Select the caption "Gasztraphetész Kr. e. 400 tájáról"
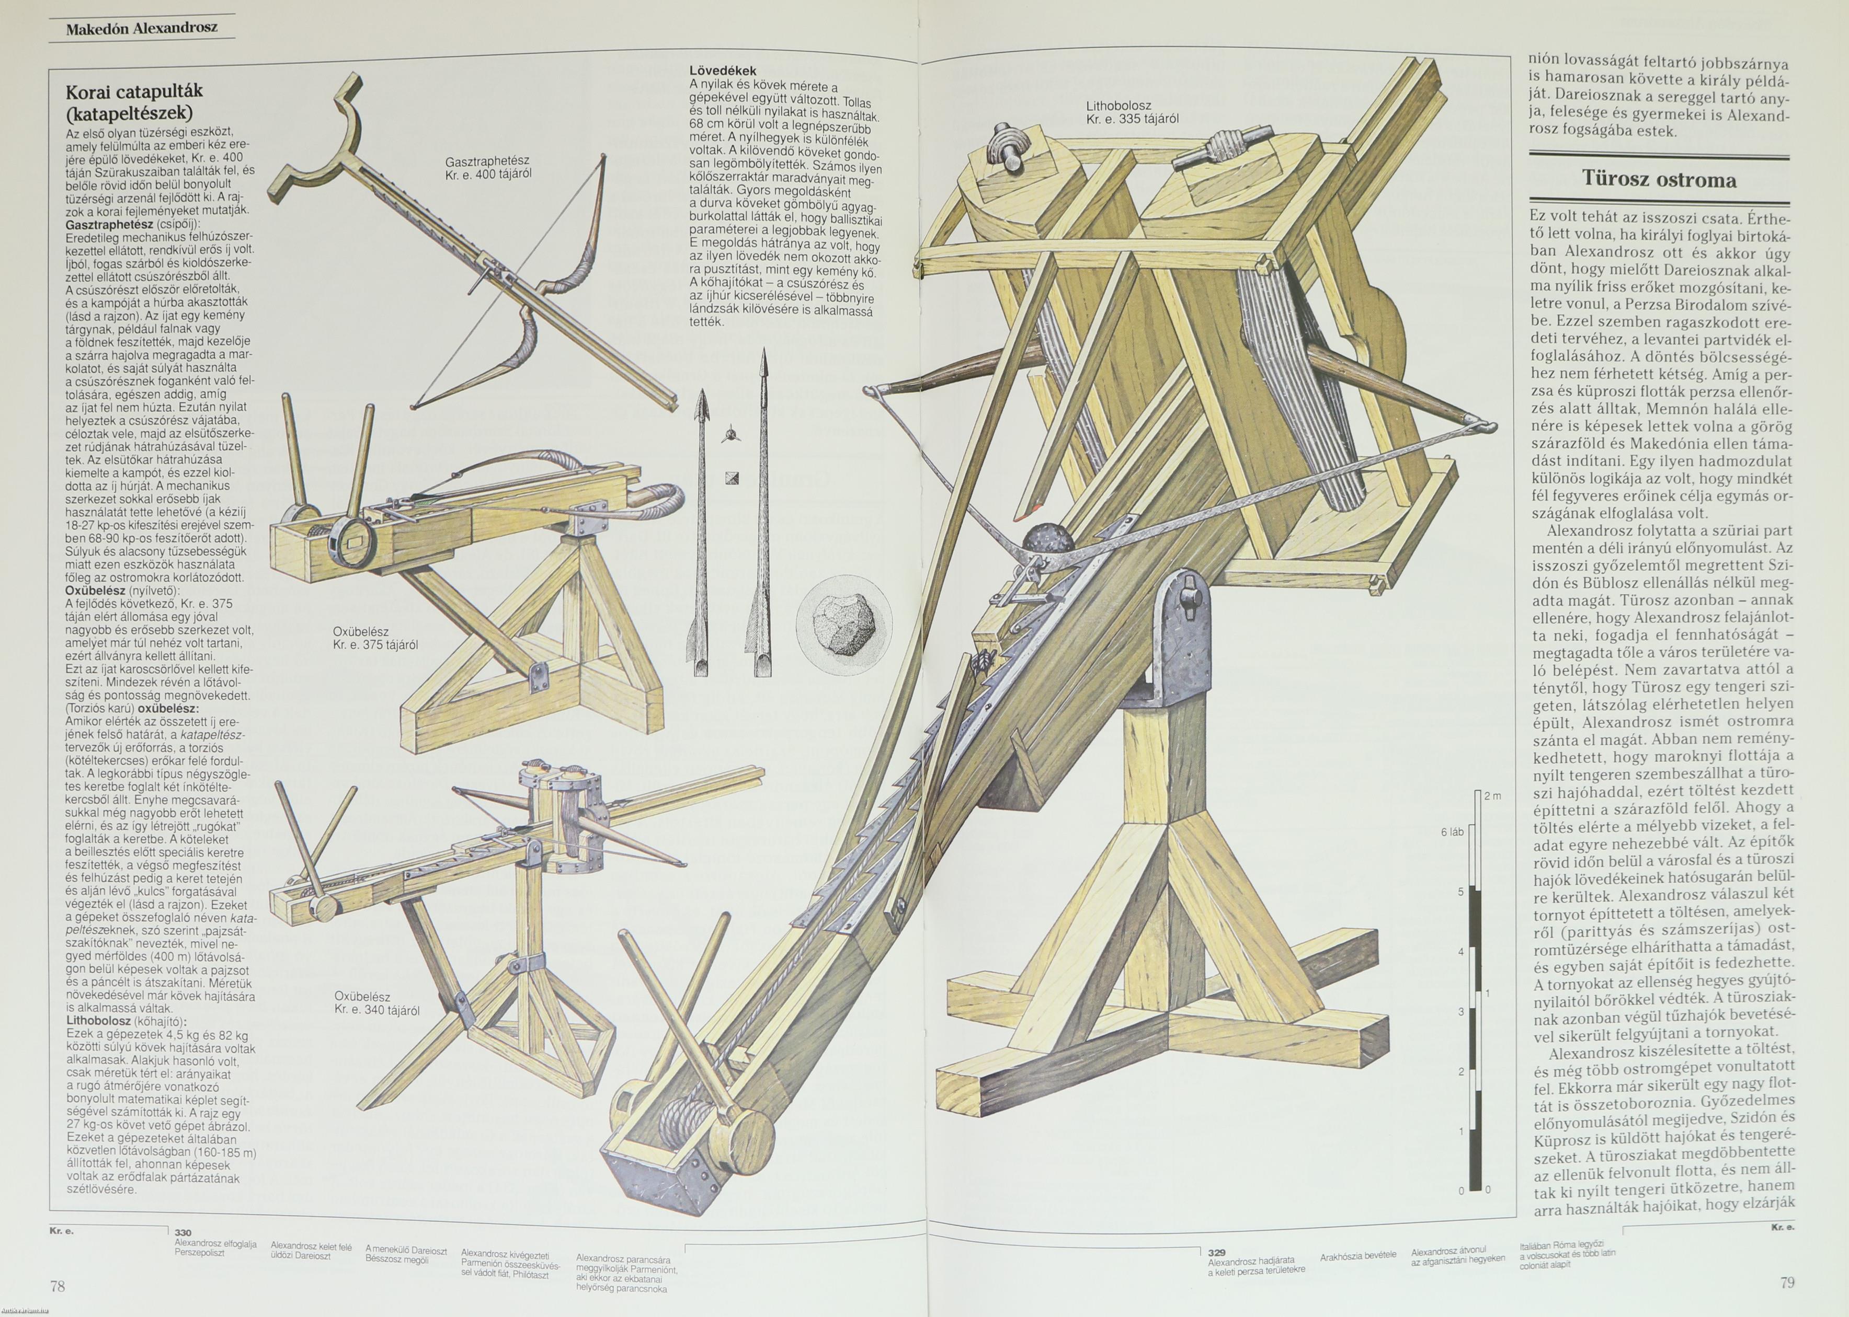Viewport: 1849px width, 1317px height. pyautogui.click(x=487, y=167)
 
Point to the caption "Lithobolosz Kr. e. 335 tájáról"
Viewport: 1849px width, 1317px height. pyautogui.click(x=1132, y=112)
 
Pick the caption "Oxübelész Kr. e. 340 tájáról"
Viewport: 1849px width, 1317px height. pyautogui.click(x=376, y=1003)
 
